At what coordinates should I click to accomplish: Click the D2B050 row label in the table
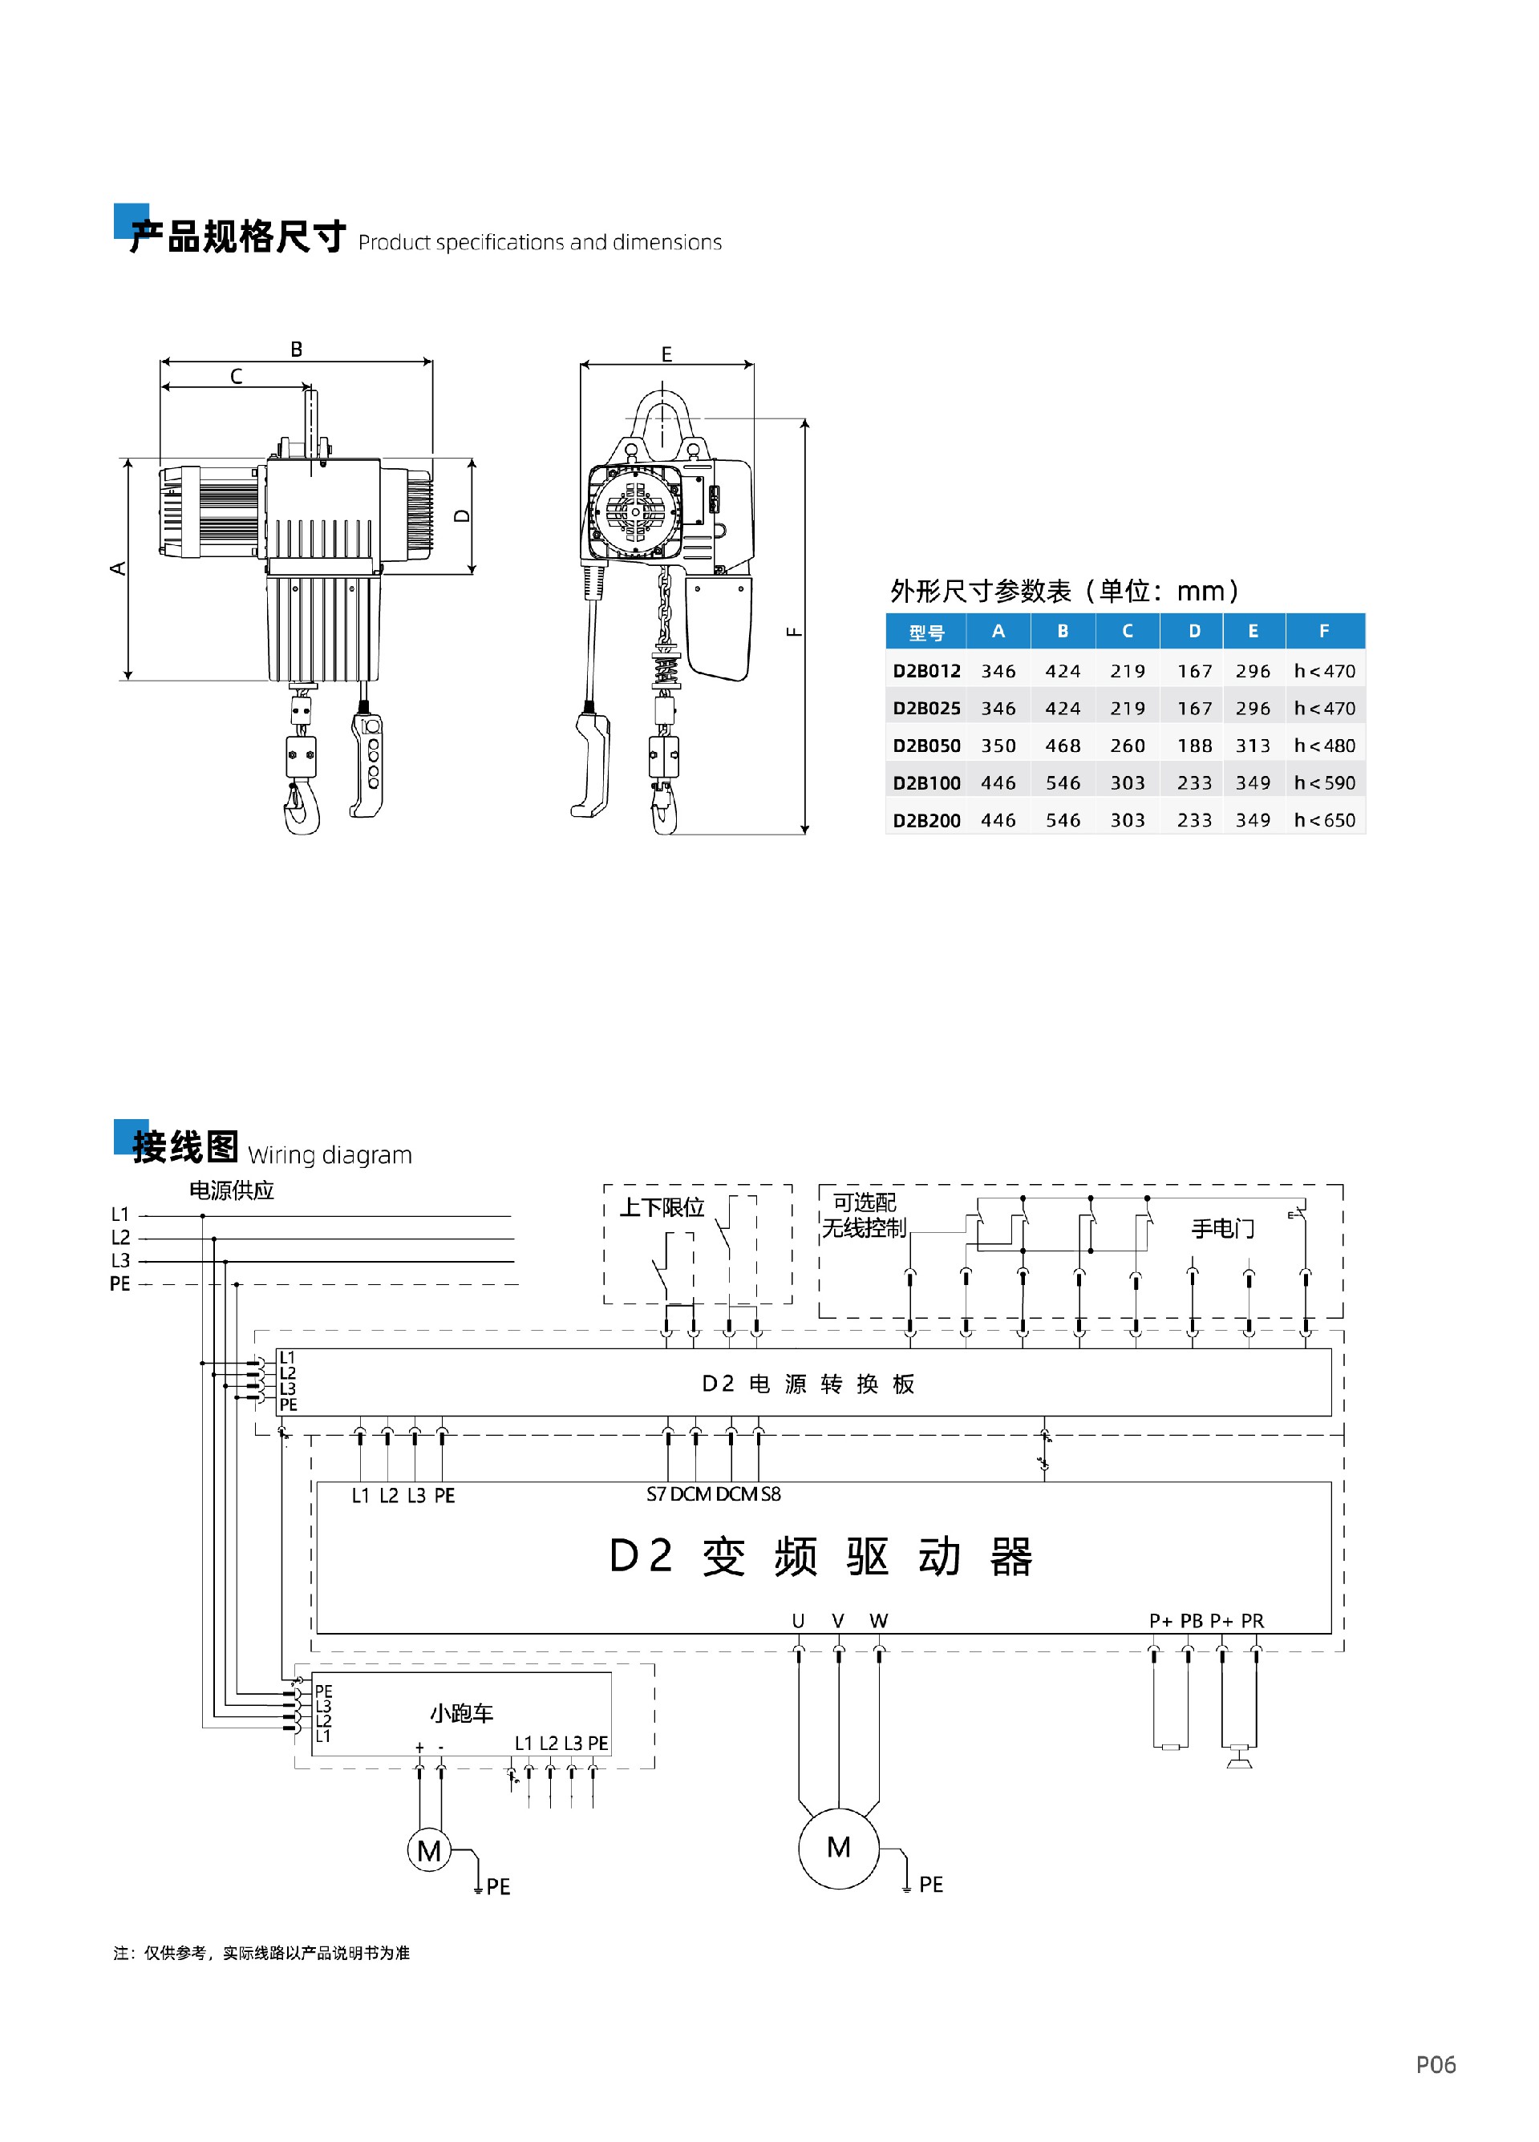tap(925, 746)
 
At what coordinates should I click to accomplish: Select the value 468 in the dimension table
tap(1062, 746)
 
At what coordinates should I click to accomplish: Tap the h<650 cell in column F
tap(1323, 820)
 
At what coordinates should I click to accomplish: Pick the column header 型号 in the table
tap(925, 632)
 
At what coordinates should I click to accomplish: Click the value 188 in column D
tap(1194, 746)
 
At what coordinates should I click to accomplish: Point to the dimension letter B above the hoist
tap(297, 350)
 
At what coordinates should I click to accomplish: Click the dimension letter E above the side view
tap(666, 354)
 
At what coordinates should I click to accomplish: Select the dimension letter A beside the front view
tap(118, 568)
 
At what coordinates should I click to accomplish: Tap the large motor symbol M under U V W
tap(838, 1847)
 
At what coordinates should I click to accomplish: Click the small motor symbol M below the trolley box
tap(429, 1851)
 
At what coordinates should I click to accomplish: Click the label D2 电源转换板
tap(808, 1384)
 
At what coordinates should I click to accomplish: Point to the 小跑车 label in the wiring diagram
tap(461, 1713)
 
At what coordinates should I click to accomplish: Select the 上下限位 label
tap(662, 1207)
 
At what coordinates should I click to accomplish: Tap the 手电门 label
tap(1222, 1229)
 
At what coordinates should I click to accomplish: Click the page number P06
tap(1435, 2064)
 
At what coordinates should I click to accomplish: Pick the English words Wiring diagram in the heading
tap(330, 1155)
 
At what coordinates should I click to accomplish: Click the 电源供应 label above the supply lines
tap(232, 1190)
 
